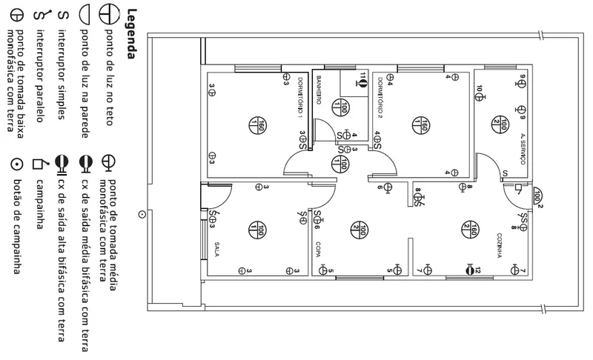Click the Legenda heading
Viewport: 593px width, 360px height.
click(x=130, y=33)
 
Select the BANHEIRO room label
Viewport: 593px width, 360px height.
click(x=319, y=89)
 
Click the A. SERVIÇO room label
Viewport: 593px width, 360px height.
click(x=523, y=146)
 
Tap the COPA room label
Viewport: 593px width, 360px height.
click(x=317, y=250)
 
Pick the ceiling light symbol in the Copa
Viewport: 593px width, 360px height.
click(x=360, y=231)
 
